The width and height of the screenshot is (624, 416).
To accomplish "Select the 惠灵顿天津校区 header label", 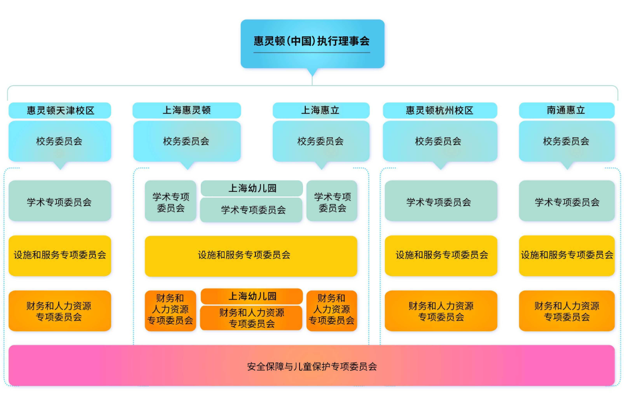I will tap(60, 110).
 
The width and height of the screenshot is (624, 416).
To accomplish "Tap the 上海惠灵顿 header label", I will tap(187, 110).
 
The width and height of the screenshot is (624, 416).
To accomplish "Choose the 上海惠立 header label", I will tap(321, 110).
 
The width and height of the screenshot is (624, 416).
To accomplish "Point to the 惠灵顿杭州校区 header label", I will tap(440, 110).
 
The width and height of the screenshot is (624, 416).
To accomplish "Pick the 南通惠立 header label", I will tap(567, 110).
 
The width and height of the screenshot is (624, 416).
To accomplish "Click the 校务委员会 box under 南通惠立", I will tap(567, 141).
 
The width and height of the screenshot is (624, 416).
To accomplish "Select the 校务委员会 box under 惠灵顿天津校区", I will tap(60, 141).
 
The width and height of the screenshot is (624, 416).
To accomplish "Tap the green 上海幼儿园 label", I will tap(252, 188).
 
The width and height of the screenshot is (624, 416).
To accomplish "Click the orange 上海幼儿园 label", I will tap(252, 296).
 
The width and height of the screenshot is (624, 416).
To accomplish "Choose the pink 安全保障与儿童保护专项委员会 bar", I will tap(312, 366).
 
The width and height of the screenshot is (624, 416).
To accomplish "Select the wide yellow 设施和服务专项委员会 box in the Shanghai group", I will tap(251, 255).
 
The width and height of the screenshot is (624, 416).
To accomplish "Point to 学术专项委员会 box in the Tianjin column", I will tap(60, 201).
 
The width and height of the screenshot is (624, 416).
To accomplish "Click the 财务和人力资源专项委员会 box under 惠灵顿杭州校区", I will tap(441, 311).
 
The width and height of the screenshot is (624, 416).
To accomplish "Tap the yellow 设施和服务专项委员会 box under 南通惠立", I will tap(567, 255).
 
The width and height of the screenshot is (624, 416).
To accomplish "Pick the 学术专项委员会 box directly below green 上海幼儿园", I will tap(252, 210).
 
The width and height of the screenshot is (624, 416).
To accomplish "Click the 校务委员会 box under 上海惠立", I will tap(321, 141).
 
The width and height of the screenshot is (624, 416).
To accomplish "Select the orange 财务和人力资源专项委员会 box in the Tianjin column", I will tap(60, 311).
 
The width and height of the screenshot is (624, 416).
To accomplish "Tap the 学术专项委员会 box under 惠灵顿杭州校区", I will tap(441, 201).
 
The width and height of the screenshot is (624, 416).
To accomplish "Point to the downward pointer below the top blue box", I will tap(312, 72).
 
